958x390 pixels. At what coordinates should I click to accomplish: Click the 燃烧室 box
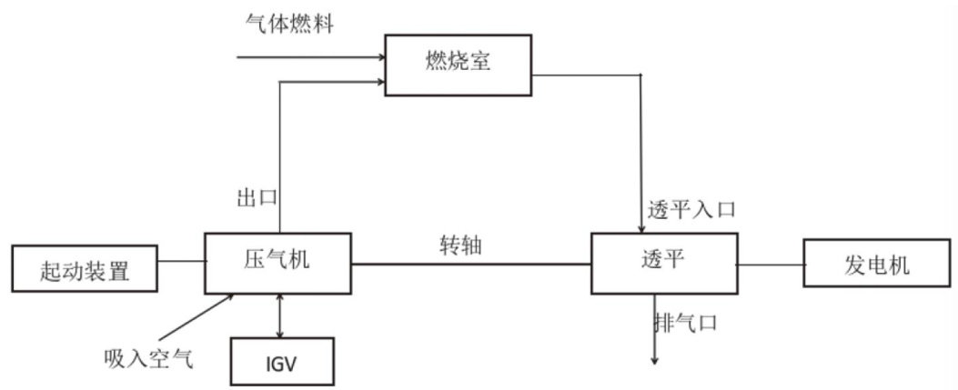click(x=459, y=65)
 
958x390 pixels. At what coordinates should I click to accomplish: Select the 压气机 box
click(x=278, y=263)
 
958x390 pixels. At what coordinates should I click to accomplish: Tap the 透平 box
click(x=664, y=263)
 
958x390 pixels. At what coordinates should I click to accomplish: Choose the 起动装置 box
click(x=85, y=268)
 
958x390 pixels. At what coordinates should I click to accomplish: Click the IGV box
click(x=282, y=361)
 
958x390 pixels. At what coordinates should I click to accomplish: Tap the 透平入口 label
click(x=691, y=211)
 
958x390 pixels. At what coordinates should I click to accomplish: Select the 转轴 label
click(x=460, y=245)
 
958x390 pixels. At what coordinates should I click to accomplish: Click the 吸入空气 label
click(x=148, y=359)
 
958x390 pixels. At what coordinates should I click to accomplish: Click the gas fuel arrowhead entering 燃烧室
click(x=380, y=57)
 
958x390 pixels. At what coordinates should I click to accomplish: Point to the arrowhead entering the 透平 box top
click(x=640, y=229)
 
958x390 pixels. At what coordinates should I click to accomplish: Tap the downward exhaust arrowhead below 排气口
click(x=654, y=361)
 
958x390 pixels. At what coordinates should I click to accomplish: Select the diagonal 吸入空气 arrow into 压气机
click(x=197, y=316)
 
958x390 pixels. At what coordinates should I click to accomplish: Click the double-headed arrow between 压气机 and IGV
click(x=280, y=315)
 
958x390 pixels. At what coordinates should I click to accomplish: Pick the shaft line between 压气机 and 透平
click(x=471, y=265)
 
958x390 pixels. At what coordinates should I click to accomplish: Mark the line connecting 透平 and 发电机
click(x=771, y=265)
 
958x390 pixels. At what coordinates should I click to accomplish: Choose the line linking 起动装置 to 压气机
click(x=181, y=262)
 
